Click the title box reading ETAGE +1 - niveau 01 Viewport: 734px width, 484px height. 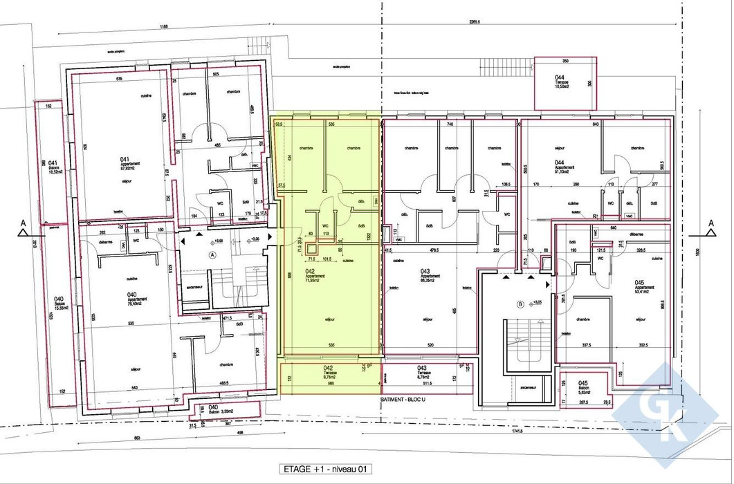326,469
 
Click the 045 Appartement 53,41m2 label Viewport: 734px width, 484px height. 643,286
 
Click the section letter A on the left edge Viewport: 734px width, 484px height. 23,223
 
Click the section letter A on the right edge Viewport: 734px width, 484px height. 710,223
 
